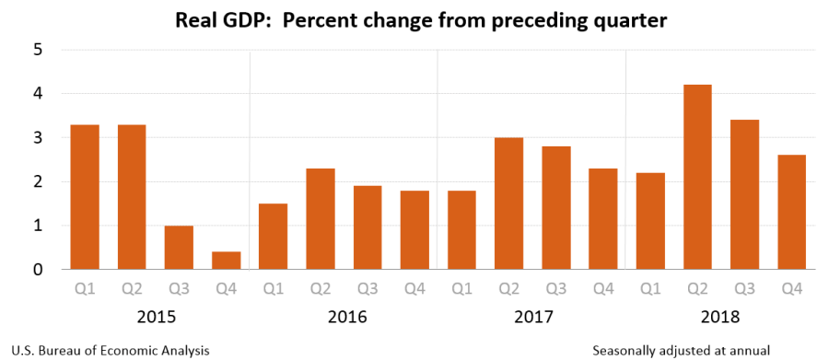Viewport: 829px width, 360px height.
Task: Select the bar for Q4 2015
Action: point(227,261)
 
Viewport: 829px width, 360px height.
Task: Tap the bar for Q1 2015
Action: point(85,197)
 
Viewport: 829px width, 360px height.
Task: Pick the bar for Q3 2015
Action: point(179,248)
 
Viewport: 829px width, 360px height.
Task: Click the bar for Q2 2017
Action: point(508,203)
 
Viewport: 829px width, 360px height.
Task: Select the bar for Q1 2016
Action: point(273,237)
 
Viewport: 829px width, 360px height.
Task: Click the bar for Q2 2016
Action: point(320,219)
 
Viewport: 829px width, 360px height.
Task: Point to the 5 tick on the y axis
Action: point(39,50)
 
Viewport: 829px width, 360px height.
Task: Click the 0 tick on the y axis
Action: point(39,270)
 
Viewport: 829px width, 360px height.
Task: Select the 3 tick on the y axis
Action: point(39,138)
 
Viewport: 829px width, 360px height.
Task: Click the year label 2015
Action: point(156,317)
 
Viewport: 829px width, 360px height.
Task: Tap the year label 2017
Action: point(532,317)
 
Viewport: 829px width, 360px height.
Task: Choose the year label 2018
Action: point(720,317)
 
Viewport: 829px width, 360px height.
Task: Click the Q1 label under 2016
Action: point(273,289)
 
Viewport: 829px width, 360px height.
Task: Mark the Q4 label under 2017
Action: point(602,289)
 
